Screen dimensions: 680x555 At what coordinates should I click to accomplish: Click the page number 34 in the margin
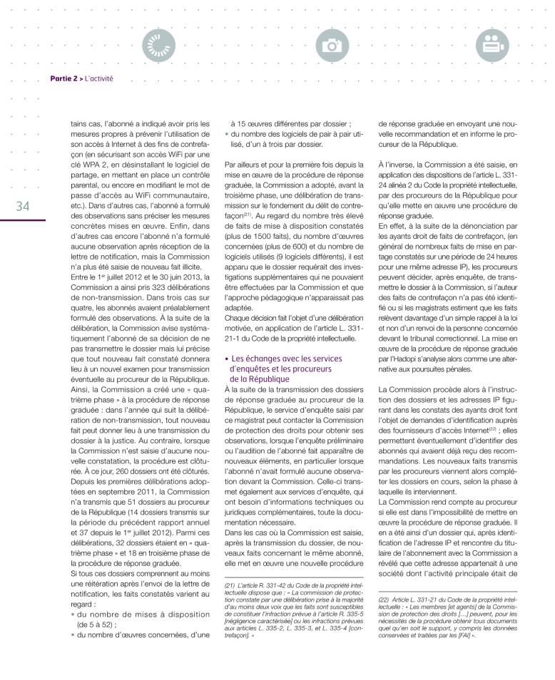(21, 207)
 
